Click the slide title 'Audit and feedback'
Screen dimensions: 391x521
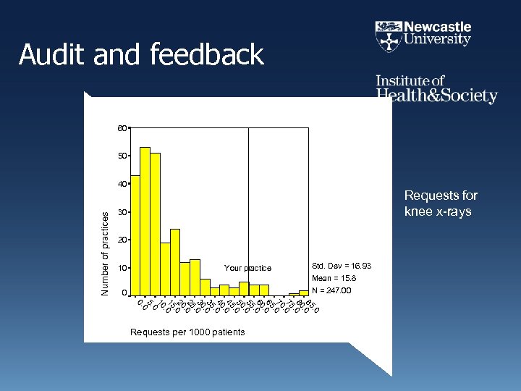pyautogui.click(x=142, y=55)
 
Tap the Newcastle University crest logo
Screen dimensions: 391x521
pyautogui.click(x=388, y=35)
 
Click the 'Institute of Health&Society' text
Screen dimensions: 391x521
pyautogui.click(x=436, y=89)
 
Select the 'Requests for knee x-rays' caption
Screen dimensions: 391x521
pyautogui.click(x=441, y=203)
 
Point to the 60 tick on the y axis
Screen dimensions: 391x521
pyautogui.click(x=122, y=128)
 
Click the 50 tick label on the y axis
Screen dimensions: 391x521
pyautogui.click(x=122, y=156)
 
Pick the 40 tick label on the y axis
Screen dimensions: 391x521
pyautogui.click(x=122, y=184)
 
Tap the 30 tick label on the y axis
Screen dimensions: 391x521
pyautogui.click(x=122, y=212)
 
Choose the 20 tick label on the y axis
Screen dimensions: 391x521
pyautogui.click(x=122, y=240)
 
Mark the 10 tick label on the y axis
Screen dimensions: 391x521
pyautogui.click(x=122, y=268)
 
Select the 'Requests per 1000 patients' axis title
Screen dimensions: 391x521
pyautogui.click(x=187, y=332)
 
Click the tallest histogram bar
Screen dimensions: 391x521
pyautogui.click(x=145, y=221)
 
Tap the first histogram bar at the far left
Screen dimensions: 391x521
pyautogui.click(x=135, y=235)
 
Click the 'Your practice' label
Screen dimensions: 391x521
pyautogui.click(x=247, y=269)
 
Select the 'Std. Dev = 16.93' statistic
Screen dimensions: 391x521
pyautogui.click(x=341, y=266)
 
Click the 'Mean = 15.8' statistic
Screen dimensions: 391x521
pyautogui.click(x=334, y=279)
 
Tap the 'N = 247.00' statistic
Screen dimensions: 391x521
pyautogui.click(x=331, y=291)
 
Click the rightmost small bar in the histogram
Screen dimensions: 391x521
pyautogui.click(x=304, y=293)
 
